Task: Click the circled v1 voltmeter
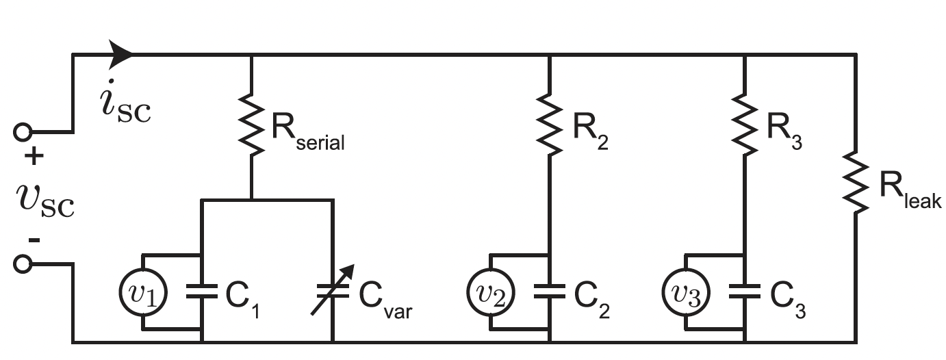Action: tap(142, 292)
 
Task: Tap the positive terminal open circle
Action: tap(23, 131)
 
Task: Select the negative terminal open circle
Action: tap(23, 264)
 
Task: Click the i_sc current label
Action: tap(125, 106)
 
